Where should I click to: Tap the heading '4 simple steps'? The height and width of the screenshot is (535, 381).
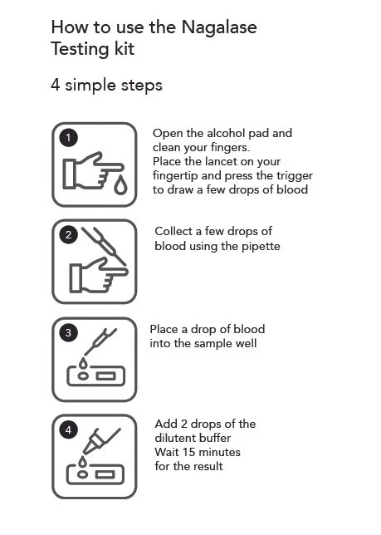pos(106,86)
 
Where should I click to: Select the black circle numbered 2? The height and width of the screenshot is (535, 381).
pos(71,235)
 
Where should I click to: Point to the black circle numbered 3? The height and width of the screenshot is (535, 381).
pos(71,333)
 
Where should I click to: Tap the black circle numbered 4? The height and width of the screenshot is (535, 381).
pos(71,430)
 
